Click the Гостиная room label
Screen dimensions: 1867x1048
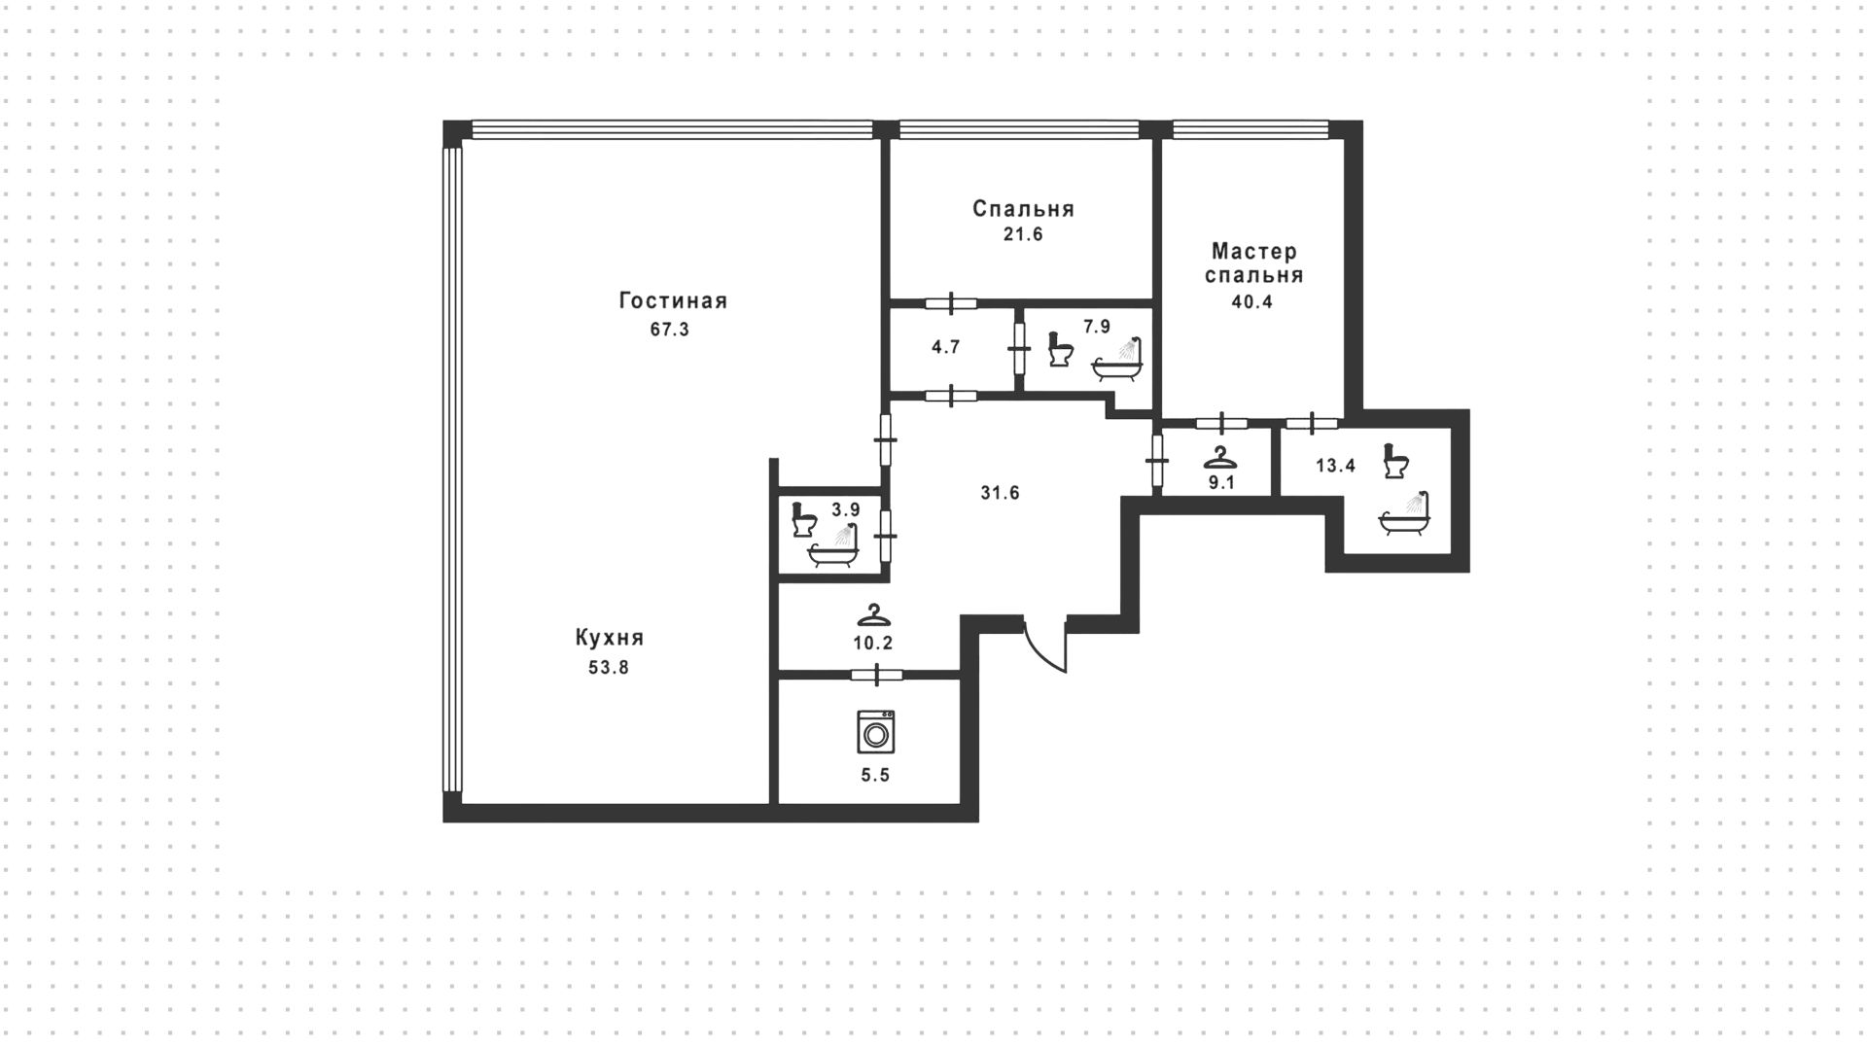coord(673,301)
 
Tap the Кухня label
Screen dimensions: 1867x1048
coord(610,639)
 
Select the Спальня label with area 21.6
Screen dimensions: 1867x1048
coord(1023,209)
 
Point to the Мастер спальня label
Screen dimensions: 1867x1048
coord(1253,263)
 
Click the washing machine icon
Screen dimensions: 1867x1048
coord(876,732)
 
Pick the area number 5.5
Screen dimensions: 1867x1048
coord(876,775)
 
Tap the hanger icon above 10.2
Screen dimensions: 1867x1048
coord(874,615)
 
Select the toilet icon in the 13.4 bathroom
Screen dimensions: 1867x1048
coord(1397,460)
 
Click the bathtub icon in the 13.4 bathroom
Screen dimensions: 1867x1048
coord(1404,513)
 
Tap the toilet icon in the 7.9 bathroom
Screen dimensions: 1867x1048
coord(1061,349)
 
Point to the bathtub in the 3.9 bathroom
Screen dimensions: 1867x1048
coord(833,546)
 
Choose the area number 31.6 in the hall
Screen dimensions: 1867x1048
coord(1000,493)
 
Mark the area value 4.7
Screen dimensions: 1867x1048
coord(946,347)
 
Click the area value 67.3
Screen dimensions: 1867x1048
coord(670,330)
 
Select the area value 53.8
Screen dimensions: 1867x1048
coord(609,668)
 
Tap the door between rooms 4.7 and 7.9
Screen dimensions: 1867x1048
coord(1019,349)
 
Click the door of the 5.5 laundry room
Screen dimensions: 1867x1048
coord(877,676)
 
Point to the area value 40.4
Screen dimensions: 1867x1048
coord(1252,301)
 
